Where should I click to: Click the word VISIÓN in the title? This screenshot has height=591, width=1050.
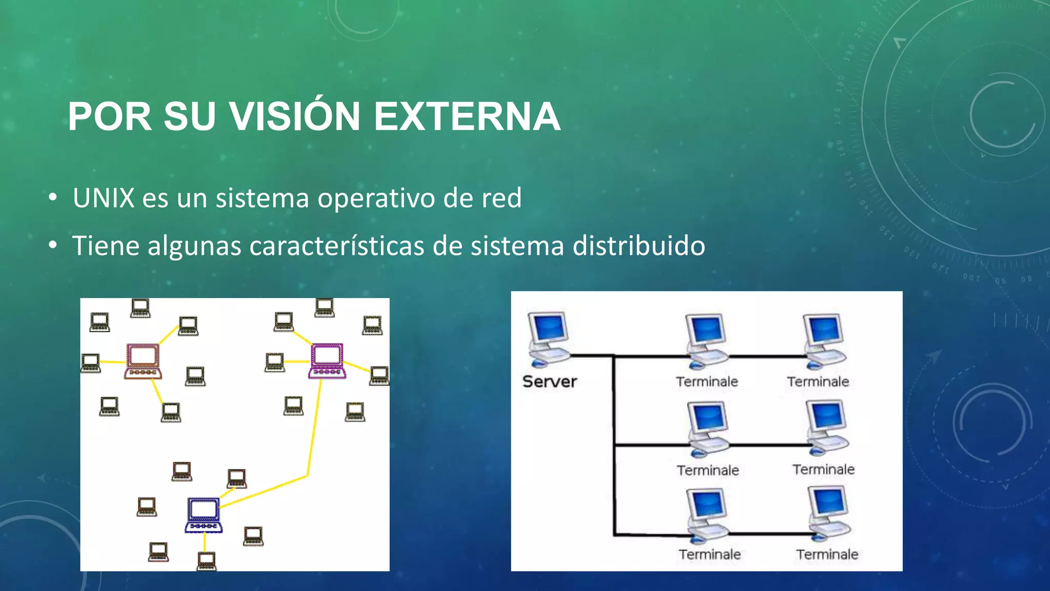pos(295,116)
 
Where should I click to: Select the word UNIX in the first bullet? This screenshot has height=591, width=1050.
pos(104,198)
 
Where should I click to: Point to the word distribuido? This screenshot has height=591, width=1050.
pos(639,246)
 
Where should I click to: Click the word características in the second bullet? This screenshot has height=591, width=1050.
pos(337,246)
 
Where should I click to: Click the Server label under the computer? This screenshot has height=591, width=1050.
pos(550,382)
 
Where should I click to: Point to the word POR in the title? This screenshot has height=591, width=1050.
pos(109,116)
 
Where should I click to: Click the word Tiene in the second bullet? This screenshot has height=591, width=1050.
pos(106,246)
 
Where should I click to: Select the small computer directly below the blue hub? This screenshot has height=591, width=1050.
pos(206,560)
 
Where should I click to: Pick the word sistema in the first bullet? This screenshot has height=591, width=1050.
pos(262,198)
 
